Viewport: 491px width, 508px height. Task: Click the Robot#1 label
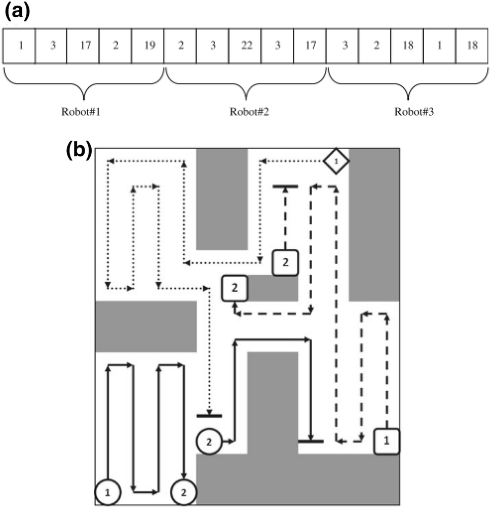click(x=84, y=112)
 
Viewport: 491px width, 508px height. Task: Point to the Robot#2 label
click(x=246, y=112)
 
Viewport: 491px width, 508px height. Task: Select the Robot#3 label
click(x=409, y=112)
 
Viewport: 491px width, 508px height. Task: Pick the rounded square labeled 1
click(x=387, y=441)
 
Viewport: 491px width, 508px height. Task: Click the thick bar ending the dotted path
click(x=209, y=416)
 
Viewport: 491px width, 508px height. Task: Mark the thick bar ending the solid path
click(x=311, y=441)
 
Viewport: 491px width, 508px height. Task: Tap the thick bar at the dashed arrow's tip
click(x=285, y=186)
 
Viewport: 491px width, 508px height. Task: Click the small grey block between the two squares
click(x=273, y=288)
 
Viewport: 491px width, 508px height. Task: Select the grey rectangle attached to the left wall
click(x=146, y=326)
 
